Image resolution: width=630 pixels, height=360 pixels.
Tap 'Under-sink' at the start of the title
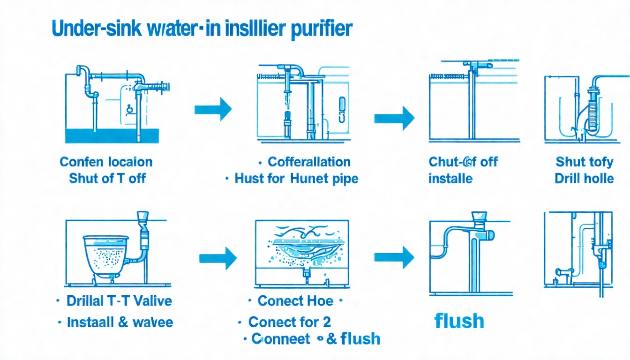point(87,29)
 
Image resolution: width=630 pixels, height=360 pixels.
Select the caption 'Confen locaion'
point(106,162)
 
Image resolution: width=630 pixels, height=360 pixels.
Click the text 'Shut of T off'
point(107,179)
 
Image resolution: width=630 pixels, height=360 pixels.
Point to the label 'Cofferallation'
point(309,162)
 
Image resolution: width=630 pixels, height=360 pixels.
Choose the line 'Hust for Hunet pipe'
point(296,179)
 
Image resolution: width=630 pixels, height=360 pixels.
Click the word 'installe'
point(450,179)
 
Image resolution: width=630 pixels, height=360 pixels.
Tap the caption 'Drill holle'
point(584,179)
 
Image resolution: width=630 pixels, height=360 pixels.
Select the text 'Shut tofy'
point(584,162)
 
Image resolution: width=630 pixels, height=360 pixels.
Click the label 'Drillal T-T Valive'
point(119,301)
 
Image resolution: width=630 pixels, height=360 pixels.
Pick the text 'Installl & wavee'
point(120,322)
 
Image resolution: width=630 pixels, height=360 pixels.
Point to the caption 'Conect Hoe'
point(295,301)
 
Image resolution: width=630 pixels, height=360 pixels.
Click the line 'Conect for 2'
point(289,322)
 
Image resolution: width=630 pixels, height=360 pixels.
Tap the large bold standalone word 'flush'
point(459,322)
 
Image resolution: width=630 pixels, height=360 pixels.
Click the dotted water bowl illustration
point(105,256)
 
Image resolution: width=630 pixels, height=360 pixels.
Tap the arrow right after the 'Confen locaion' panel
point(213,110)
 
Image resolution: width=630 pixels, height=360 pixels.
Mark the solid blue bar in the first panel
point(112,136)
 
